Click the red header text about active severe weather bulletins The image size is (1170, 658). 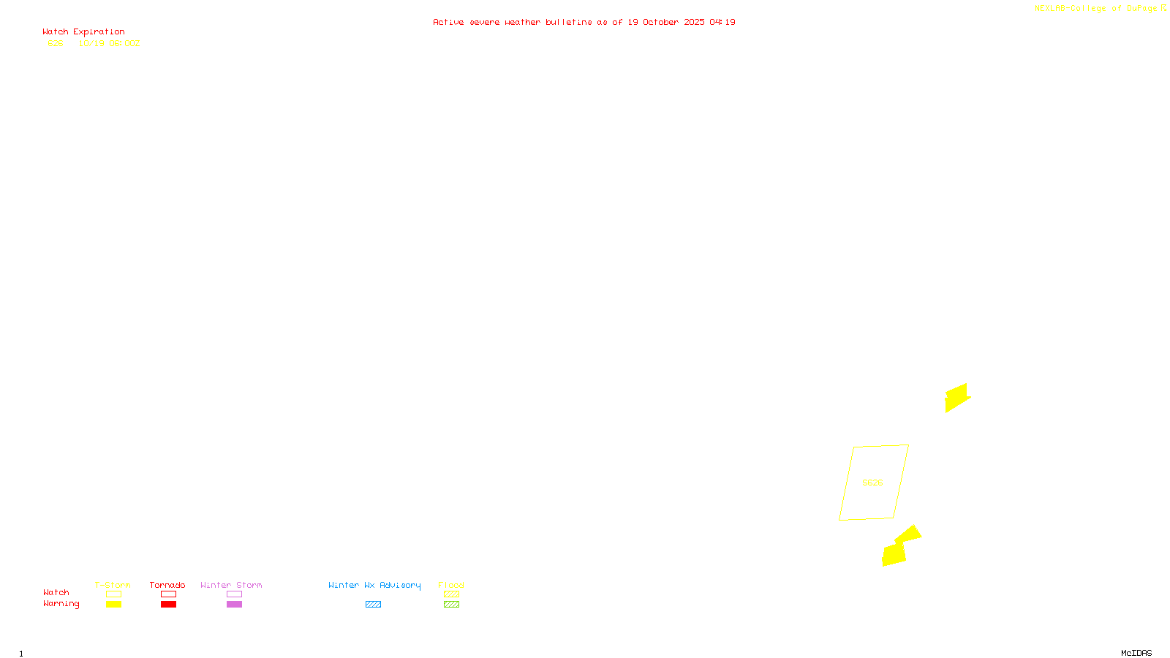coord(584,22)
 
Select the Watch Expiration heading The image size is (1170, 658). coord(83,31)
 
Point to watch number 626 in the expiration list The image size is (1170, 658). coord(56,43)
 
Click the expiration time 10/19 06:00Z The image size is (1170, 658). coord(109,43)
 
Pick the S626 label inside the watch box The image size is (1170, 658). coord(872,483)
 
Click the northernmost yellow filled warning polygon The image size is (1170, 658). coord(956,397)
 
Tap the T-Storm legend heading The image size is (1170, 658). coord(113,585)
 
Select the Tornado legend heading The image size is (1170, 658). coord(167,585)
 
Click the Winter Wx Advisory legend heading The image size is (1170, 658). coord(374,585)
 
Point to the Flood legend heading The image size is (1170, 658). coord(451,585)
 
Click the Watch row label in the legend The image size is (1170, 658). coord(56,592)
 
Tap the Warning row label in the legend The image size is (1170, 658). coord(61,604)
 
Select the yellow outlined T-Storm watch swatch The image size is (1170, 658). coord(113,594)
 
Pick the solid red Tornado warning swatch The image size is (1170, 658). coord(168,605)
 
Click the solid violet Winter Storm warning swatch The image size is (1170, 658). coord(234,605)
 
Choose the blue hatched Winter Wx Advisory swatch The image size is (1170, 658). coord(373,605)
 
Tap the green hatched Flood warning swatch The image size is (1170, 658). coord(451,605)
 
